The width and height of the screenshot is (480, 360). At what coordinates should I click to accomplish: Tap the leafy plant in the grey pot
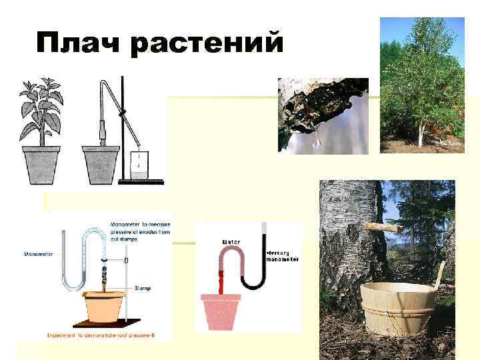[41, 113]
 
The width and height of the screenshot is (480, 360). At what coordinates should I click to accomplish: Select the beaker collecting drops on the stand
[139, 166]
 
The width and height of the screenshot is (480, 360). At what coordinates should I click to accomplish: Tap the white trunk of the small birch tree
[420, 133]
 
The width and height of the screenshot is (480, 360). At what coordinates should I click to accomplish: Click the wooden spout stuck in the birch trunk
[385, 227]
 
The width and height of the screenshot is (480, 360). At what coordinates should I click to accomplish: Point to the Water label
[231, 241]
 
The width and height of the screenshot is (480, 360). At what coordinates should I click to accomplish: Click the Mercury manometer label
[283, 256]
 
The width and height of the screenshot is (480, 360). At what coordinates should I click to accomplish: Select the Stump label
[142, 288]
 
